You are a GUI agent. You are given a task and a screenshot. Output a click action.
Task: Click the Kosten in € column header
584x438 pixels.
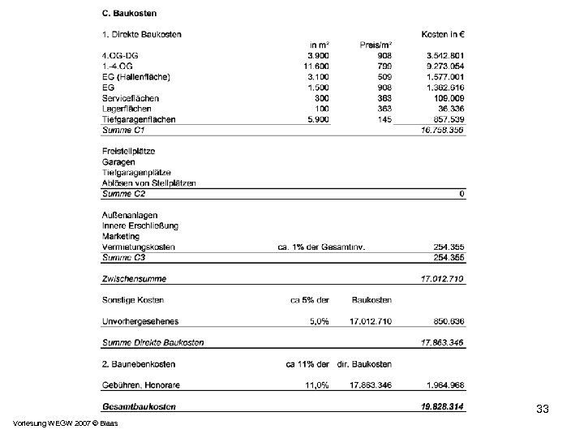[x=442, y=34]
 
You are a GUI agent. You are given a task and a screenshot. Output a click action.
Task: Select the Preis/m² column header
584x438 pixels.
[x=376, y=45]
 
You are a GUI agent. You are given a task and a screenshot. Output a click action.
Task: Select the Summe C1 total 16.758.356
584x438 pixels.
[x=443, y=130]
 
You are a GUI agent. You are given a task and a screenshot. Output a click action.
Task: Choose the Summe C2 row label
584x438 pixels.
[x=123, y=194]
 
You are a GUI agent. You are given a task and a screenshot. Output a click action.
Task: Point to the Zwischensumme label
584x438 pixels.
[x=134, y=279]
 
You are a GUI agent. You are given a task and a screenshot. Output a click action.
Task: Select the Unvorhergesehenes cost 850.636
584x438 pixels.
[x=445, y=321]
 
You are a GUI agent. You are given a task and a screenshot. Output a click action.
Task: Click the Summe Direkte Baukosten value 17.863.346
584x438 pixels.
[x=443, y=343]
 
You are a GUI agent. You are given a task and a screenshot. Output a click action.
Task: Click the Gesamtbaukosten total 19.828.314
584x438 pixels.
[x=443, y=406]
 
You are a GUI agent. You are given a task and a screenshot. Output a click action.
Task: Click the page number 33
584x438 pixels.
[x=543, y=410]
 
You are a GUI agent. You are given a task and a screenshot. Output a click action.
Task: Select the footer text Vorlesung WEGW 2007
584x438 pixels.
[x=50, y=423]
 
